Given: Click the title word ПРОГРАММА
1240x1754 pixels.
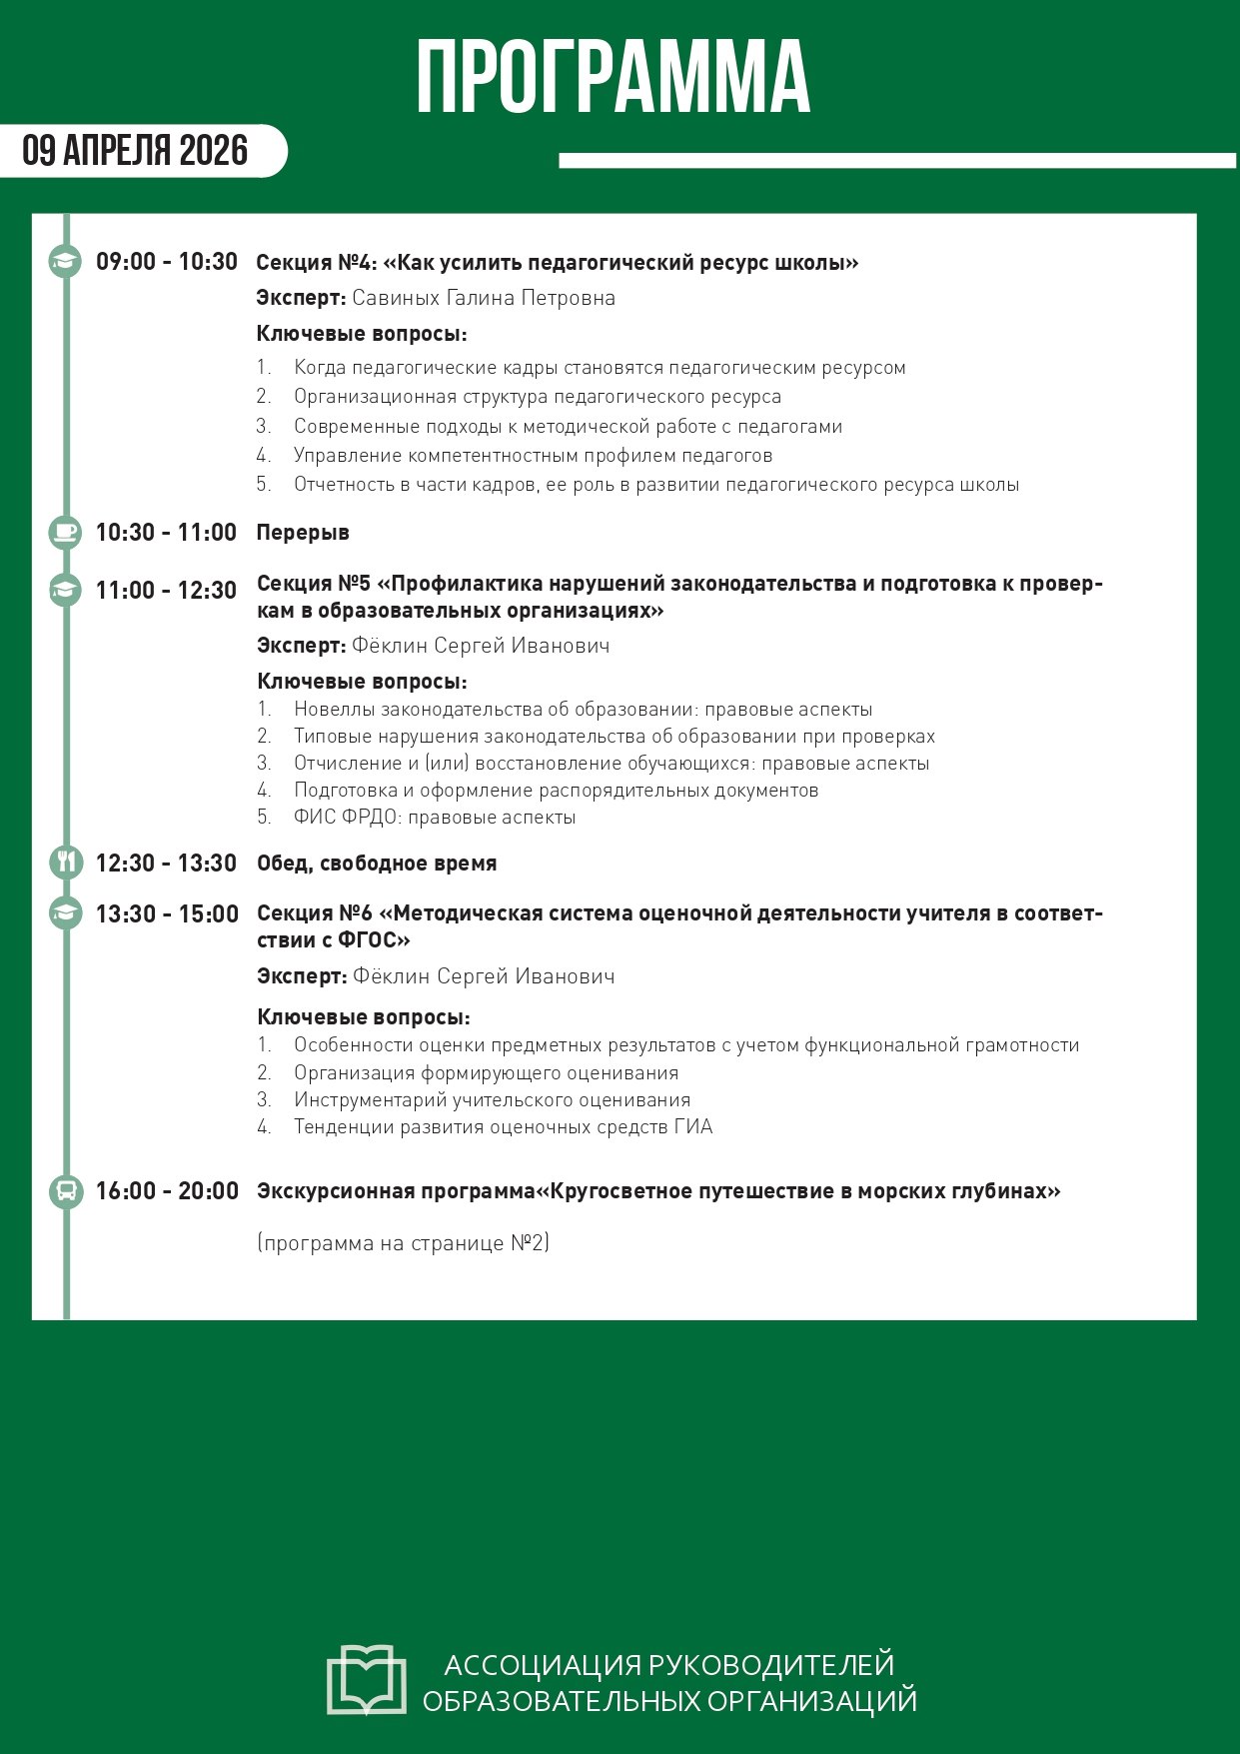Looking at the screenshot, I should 613,78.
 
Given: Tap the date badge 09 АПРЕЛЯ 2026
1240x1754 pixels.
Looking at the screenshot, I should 136,151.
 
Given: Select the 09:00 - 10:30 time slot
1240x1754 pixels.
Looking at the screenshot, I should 167,262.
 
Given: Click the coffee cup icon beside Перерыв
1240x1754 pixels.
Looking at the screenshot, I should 66,533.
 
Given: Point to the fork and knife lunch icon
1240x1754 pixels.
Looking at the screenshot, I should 66,863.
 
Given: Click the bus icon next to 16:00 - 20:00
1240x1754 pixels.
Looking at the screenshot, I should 66,1190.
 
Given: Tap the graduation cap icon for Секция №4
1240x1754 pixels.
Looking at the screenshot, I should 66,262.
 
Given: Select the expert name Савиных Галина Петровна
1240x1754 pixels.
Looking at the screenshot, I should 484,298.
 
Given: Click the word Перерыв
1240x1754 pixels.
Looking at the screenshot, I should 303,533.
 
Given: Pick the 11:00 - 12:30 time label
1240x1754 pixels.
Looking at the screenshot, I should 167,591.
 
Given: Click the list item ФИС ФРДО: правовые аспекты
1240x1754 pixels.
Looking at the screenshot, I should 435,818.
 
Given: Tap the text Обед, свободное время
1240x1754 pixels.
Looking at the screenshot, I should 377,864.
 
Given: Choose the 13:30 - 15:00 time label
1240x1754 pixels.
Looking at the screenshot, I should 167,914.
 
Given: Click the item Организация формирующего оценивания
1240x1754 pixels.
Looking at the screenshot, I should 486,1073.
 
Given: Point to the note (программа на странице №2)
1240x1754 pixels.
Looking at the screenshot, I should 404,1243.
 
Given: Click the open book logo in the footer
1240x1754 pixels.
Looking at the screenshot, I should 367,1680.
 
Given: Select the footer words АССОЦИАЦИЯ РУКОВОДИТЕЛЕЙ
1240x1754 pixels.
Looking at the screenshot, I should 668,1665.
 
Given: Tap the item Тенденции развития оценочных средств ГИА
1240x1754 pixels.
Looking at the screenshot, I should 503,1127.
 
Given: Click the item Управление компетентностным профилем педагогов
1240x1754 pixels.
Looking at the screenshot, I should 533,456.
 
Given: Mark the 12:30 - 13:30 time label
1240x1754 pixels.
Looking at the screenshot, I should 167,864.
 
